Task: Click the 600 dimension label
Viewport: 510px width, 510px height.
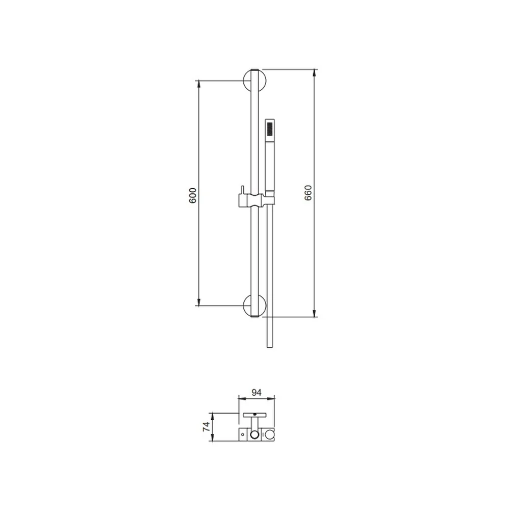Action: (193, 195)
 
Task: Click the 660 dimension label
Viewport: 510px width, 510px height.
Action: (308, 193)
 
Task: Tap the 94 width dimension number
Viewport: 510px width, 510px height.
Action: (257, 393)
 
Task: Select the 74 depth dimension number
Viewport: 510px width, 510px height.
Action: (207, 427)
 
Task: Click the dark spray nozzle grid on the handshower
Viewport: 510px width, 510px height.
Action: (269, 129)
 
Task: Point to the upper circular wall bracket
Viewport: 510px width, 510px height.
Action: (254, 81)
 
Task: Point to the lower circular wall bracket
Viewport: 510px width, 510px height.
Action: (254, 305)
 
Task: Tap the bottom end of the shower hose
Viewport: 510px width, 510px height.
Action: (270, 347)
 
